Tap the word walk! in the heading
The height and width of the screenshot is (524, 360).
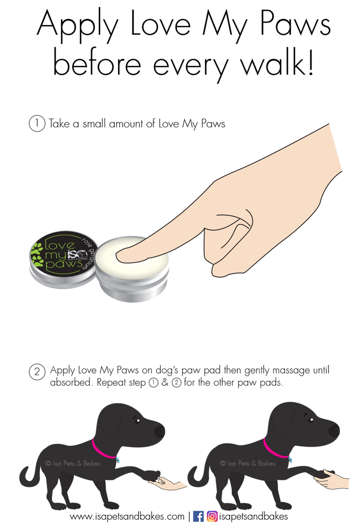278,63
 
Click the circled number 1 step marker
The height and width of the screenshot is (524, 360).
37,123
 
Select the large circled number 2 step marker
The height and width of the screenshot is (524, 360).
37,372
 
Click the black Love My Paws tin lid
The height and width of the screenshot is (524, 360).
63,254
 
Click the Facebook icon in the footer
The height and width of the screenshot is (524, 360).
198,516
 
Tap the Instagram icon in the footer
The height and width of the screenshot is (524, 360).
212,516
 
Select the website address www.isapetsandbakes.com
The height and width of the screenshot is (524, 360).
127,517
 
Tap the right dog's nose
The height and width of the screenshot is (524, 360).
334,431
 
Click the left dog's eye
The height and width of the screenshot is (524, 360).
137,420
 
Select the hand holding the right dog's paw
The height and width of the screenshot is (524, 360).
331,479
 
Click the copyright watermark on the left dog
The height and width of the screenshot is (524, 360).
73,463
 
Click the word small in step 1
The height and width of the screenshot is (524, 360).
94,124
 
